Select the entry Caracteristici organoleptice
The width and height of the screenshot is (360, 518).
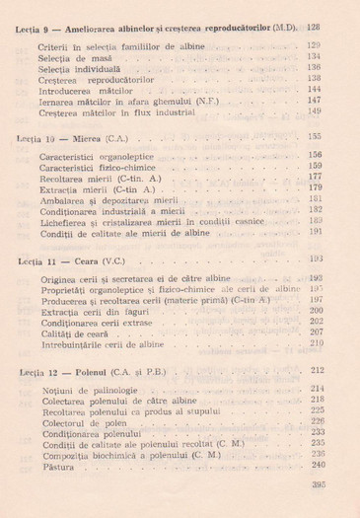(x=97, y=156)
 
